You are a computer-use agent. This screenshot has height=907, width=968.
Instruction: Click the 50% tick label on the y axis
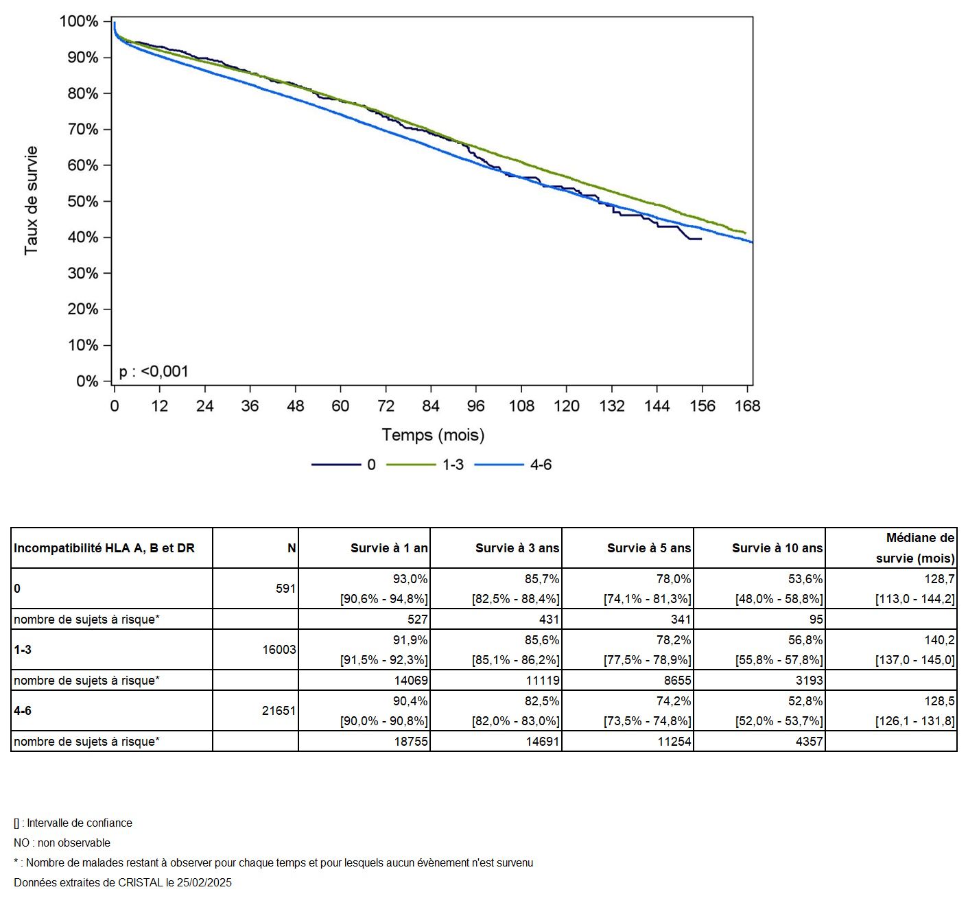click(82, 201)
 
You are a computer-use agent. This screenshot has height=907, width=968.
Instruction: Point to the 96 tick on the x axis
click(475, 406)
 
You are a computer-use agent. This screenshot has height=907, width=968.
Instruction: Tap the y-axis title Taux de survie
click(32, 200)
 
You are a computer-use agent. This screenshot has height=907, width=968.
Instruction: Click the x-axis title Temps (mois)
click(433, 435)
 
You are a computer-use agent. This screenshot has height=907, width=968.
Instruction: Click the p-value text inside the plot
click(154, 372)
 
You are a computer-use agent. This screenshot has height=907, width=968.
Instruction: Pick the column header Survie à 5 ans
click(648, 548)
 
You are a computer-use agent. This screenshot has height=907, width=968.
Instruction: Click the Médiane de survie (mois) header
click(915, 548)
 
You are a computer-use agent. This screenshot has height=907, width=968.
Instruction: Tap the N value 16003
click(279, 650)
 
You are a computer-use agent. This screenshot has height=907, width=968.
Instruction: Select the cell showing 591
click(285, 589)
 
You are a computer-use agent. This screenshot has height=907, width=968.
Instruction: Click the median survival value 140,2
click(939, 640)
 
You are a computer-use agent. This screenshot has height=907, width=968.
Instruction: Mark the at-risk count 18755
click(411, 742)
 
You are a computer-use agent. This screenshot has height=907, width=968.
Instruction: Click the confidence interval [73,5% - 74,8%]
click(647, 721)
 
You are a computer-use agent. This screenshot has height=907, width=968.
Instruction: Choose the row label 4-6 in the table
click(23, 711)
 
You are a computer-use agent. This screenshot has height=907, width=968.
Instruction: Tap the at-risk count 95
click(816, 620)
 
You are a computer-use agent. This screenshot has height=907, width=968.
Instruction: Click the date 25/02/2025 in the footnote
click(204, 883)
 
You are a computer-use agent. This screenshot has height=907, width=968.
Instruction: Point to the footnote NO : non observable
click(62, 843)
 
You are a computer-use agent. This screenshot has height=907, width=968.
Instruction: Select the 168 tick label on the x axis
click(747, 406)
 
